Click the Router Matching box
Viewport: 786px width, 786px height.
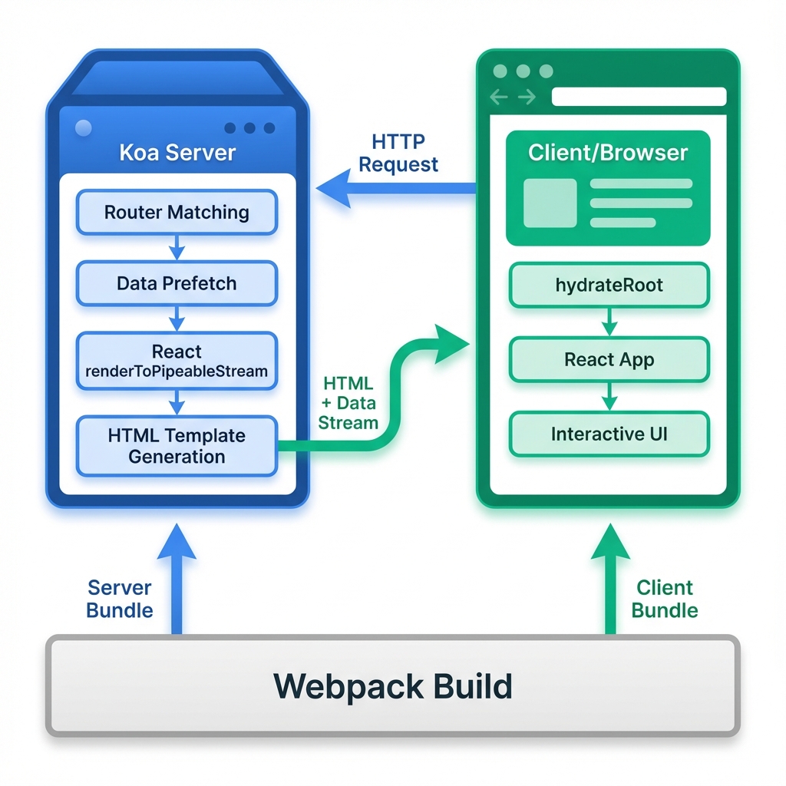pyautogui.click(x=177, y=212)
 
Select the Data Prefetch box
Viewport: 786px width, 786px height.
pyautogui.click(x=177, y=283)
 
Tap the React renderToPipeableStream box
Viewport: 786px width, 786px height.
pyautogui.click(x=177, y=362)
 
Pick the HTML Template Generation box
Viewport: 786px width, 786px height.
pyautogui.click(x=177, y=446)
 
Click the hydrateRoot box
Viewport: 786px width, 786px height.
pyautogui.click(x=609, y=286)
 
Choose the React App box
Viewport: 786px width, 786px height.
pyautogui.click(x=609, y=360)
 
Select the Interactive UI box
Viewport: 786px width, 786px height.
pyautogui.click(x=609, y=434)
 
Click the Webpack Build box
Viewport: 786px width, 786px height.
pyautogui.click(x=392, y=685)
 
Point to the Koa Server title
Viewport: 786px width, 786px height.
pyautogui.click(x=177, y=152)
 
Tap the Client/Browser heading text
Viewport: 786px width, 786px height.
pyautogui.click(x=608, y=152)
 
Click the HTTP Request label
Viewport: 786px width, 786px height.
pyautogui.click(x=398, y=153)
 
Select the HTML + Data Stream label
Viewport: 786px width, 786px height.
pyautogui.click(x=348, y=403)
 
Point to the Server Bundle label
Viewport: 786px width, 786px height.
pyautogui.click(x=120, y=599)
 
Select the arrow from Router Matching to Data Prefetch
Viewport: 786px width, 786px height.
pyautogui.click(x=177, y=247)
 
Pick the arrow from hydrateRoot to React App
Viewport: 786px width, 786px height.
pyautogui.click(x=609, y=322)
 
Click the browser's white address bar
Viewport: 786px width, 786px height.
pyautogui.click(x=639, y=97)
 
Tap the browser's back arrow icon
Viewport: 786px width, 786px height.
pyautogui.click(x=500, y=97)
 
